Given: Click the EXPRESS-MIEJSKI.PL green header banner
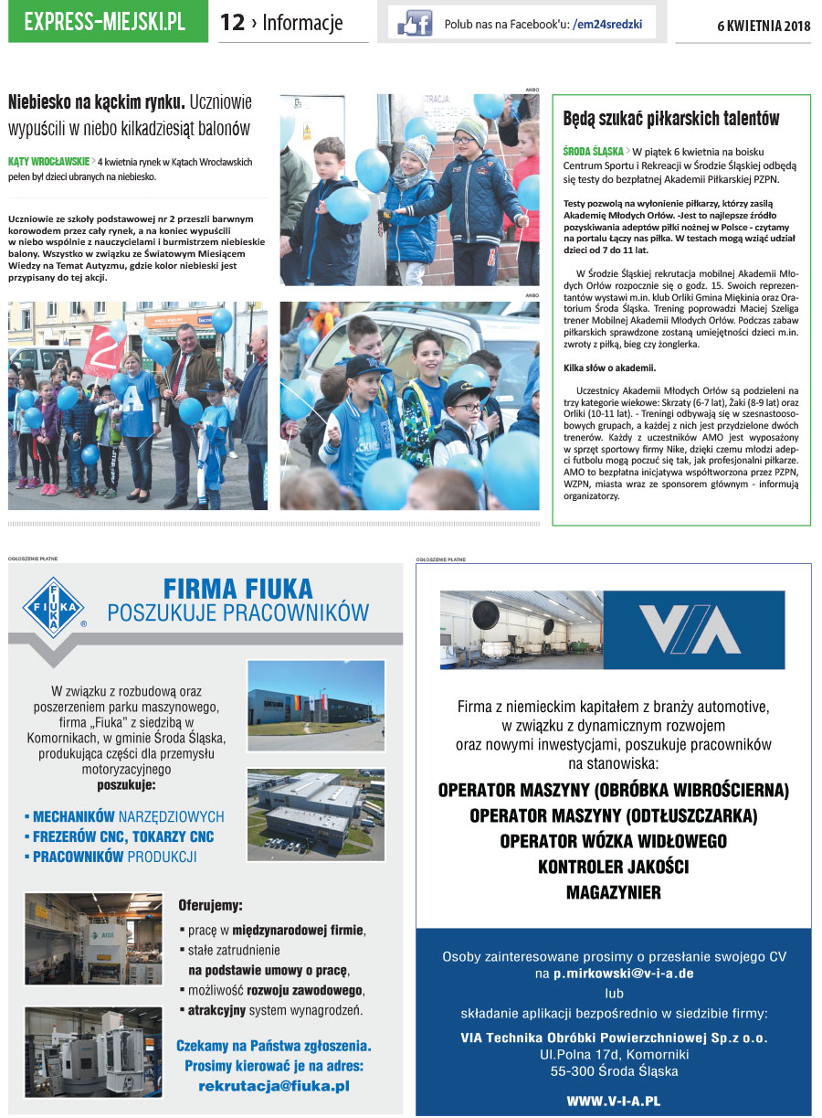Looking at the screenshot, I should (x=108, y=23).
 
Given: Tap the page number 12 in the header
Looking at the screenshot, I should (x=233, y=23).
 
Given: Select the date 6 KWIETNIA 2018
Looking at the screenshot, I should (x=765, y=26).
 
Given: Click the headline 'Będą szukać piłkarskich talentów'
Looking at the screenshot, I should (x=671, y=119).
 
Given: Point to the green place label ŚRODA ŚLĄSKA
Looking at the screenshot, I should (x=593, y=150).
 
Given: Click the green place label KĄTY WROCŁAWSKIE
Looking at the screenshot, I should (x=48, y=162).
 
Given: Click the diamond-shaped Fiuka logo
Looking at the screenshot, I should (x=54, y=607).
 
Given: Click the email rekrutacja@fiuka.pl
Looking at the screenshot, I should (x=274, y=1086).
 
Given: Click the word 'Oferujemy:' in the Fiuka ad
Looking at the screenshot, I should (x=211, y=906).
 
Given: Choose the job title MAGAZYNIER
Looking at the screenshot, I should (x=613, y=891).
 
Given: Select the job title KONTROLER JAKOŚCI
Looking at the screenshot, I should (x=613, y=866).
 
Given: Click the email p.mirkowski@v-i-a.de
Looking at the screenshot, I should (x=623, y=974).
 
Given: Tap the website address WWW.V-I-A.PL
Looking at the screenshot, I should (x=613, y=1102).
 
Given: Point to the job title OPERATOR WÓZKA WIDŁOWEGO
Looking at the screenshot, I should (x=613, y=840).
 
